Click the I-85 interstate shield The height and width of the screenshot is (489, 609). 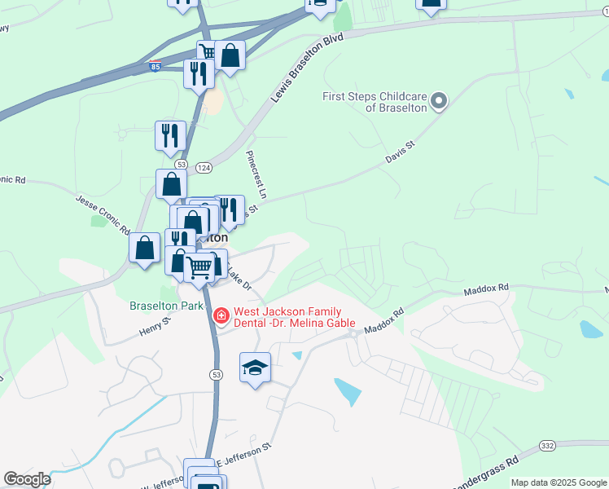coord(156,66)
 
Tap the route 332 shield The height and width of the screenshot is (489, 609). coord(547,447)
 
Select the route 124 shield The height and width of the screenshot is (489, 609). coord(200,168)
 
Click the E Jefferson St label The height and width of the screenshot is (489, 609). coord(243,452)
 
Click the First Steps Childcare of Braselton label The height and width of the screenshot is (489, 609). coord(374,102)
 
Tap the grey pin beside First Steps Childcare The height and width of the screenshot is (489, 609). coord(440,102)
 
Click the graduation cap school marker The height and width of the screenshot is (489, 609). coord(255,368)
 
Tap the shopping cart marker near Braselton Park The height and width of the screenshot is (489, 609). coord(199,267)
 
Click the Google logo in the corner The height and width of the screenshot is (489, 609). coord(27,479)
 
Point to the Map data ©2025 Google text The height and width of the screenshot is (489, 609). coord(559,482)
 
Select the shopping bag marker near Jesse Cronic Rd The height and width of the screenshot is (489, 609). coord(144,248)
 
